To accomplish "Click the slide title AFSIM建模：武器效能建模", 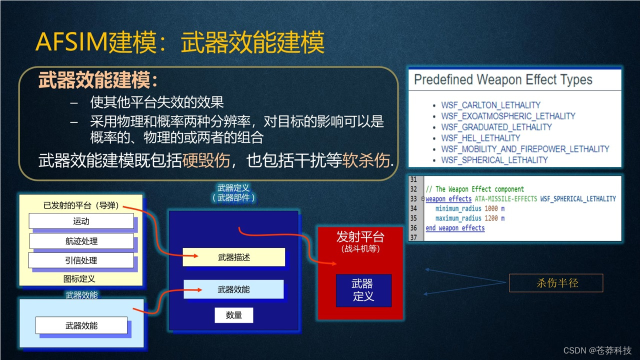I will (x=180, y=42).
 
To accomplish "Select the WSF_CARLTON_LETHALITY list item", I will (x=490, y=105).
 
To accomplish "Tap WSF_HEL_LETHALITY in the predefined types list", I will (x=480, y=138).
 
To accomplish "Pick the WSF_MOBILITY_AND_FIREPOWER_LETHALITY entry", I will (x=524, y=149).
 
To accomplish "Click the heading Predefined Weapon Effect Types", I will (x=503, y=79).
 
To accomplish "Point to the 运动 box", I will (x=81, y=221).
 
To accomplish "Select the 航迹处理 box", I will (x=81, y=241).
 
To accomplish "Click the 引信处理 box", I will (x=81, y=260).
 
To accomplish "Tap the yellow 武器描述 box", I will (x=233, y=257).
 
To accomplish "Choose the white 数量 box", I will (x=233, y=315).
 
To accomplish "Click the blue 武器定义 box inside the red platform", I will (x=363, y=290).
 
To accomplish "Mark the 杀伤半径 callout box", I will (x=556, y=283).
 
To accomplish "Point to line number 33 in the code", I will (x=413, y=198).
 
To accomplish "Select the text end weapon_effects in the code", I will (x=455, y=228).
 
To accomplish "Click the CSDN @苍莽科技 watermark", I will (x=597, y=350).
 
